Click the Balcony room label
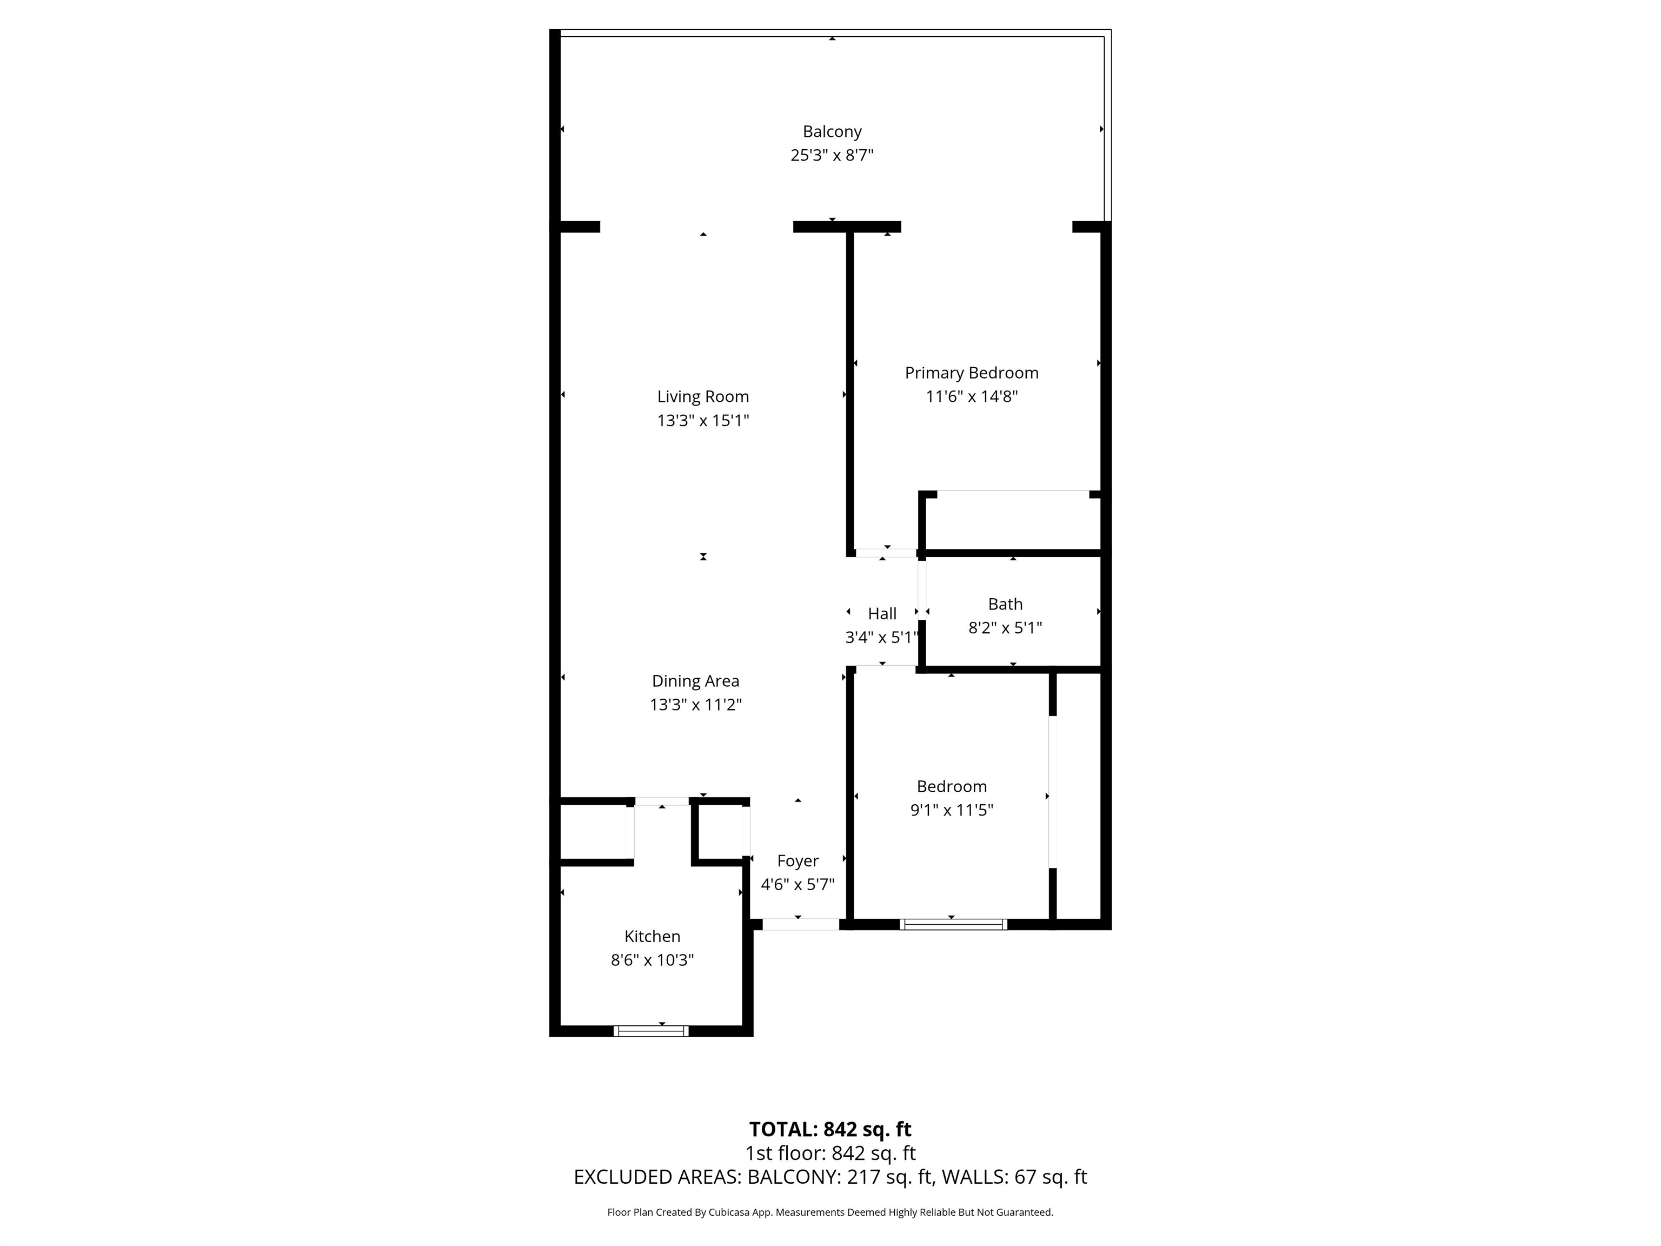point(832,132)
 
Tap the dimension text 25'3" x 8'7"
point(832,155)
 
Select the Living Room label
point(703,396)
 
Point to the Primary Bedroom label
point(972,373)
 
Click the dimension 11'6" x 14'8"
point(972,396)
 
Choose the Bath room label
point(1006,604)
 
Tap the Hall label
point(882,614)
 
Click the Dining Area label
point(695,681)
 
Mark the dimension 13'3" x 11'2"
point(695,705)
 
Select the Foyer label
point(798,861)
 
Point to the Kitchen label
point(653,937)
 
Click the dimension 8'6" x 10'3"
point(653,960)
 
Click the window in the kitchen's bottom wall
point(651,1031)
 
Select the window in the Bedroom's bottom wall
point(953,925)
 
